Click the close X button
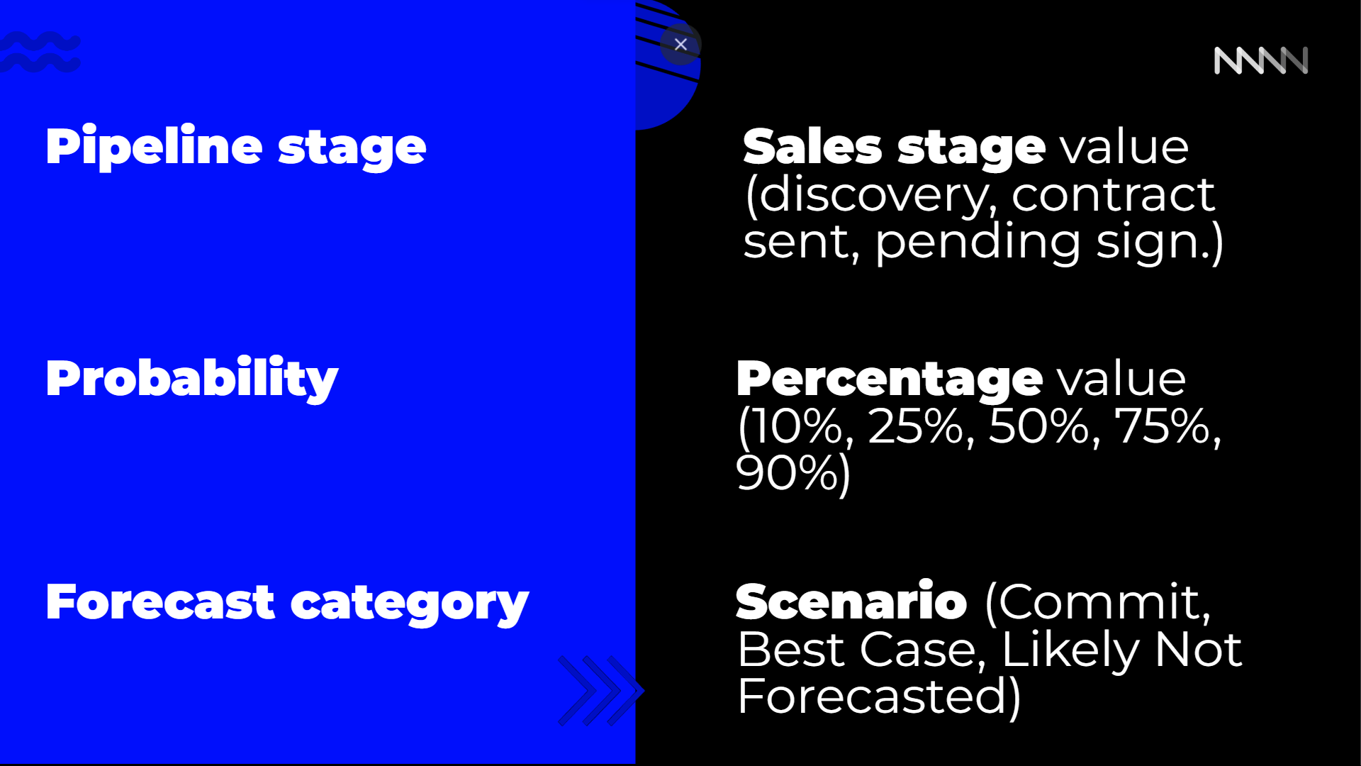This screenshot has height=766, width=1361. point(680,45)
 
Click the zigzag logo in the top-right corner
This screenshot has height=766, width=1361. point(1261,60)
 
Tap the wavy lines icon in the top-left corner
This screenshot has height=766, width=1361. point(40,52)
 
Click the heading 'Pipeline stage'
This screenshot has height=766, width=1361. point(236,147)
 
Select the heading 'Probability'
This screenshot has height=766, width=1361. point(192,379)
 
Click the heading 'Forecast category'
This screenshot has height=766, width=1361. point(287,603)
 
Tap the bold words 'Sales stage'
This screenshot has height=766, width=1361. point(894,148)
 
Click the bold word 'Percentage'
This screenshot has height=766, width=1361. point(890,379)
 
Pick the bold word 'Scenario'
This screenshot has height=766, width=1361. point(851,601)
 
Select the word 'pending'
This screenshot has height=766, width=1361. point(978,243)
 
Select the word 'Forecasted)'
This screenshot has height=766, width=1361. point(879,696)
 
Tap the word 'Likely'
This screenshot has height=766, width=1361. point(1070,650)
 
